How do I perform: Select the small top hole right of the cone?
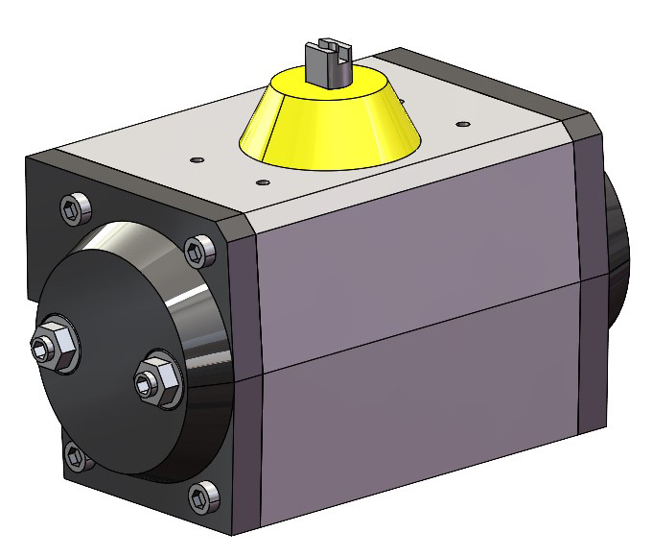tap(464, 124)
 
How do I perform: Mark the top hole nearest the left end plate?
tap(197, 158)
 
